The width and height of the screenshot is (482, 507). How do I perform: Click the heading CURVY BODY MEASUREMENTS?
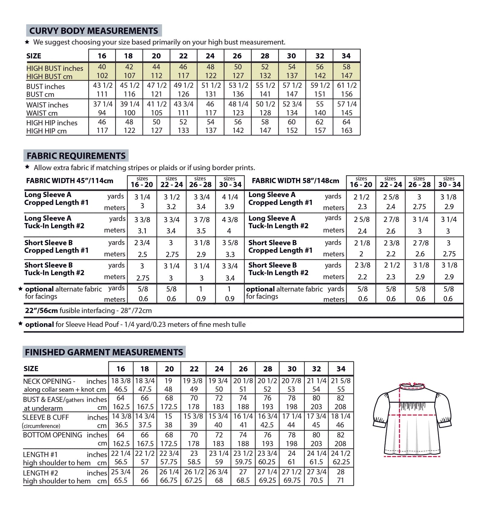coord(94,31)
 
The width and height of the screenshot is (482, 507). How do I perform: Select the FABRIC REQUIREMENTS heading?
coord(76,156)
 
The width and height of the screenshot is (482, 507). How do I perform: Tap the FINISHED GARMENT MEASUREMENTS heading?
coord(104,352)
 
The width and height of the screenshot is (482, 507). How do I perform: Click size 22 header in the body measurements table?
coord(183,56)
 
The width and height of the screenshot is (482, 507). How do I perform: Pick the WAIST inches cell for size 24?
coord(210,104)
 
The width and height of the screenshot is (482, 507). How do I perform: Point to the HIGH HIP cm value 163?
coord(347,130)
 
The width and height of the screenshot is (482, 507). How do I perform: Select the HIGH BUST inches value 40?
coord(102,67)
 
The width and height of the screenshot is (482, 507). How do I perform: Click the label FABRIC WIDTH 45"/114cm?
coord(70,181)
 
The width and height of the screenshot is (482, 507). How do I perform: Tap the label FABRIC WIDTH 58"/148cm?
coord(295,181)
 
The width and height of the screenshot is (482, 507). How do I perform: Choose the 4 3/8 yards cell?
coord(230,220)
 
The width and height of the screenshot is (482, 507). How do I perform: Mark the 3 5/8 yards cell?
coord(230,243)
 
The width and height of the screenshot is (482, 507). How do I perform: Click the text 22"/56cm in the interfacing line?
coord(42,311)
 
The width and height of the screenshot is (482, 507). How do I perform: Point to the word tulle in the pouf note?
coord(238,324)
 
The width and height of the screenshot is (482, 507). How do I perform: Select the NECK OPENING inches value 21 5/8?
coord(341,380)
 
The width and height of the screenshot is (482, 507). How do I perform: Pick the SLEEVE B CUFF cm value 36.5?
coord(121,425)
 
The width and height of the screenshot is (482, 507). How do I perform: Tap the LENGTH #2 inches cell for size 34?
coord(341,472)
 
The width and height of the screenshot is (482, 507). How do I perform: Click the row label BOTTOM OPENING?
coord(52,435)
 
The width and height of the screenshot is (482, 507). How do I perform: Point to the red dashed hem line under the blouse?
coord(412,456)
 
